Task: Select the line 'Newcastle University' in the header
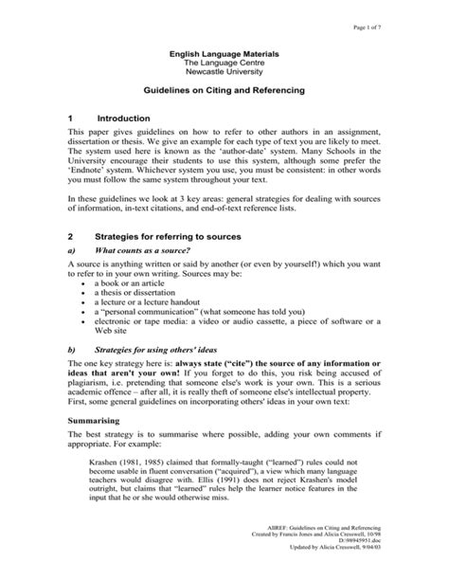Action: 224,70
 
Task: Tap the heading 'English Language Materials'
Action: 224,49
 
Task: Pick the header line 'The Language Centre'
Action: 224,60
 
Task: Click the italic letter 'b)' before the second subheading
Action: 73,350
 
